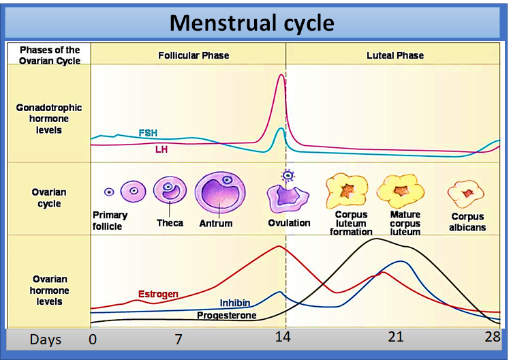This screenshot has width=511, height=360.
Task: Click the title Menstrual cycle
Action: click(x=251, y=22)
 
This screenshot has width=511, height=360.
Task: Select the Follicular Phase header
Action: click(x=193, y=55)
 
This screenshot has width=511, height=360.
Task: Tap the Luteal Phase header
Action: click(x=395, y=55)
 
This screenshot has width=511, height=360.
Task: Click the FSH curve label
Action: click(x=148, y=133)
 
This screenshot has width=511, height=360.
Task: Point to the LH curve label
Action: click(x=162, y=149)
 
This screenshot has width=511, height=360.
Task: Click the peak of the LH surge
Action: click(x=281, y=75)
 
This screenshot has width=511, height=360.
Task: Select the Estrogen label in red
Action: click(x=158, y=295)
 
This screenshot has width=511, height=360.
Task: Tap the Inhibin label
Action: click(x=234, y=303)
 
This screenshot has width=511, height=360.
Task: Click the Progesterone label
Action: click(x=227, y=316)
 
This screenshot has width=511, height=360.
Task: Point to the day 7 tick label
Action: click(x=178, y=338)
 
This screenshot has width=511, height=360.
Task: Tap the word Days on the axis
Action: click(x=46, y=339)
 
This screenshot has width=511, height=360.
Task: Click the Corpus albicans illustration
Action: click(x=466, y=194)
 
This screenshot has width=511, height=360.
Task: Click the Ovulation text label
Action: click(x=289, y=223)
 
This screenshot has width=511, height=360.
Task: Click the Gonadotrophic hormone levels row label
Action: click(x=49, y=119)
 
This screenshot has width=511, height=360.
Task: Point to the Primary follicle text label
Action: click(x=110, y=220)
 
